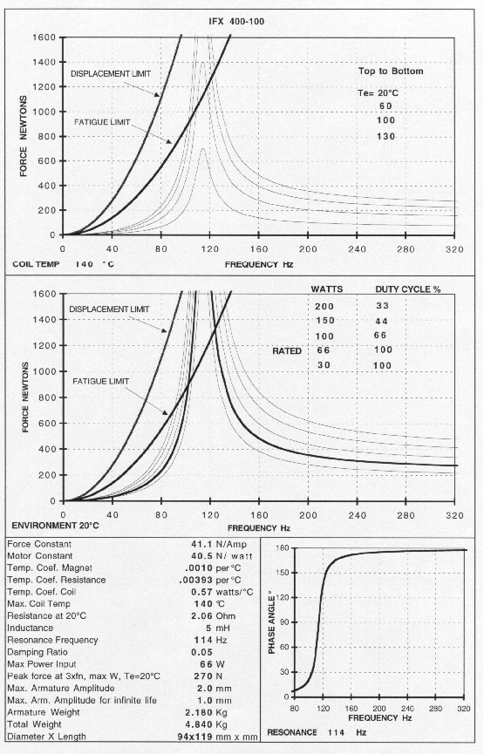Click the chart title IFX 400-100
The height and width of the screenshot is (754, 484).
pyautogui.click(x=236, y=22)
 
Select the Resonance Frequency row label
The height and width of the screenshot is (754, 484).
pyautogui.click(x=52, y=640)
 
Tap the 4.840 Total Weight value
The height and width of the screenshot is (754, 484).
pyautogui.click(x=200, y=724)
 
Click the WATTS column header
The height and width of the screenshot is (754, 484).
pyautogui.click(x=327, y=289)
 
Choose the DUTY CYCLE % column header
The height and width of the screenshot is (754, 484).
pyautogui.click(x=408, y=289)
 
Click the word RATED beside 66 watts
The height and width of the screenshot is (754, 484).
pyautogui.click(x=287, y=351)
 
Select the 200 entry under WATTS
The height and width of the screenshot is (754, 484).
pyautogui.click(x=324, y=307)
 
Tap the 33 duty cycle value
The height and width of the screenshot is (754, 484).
pyautogui.click(x=383, y=306)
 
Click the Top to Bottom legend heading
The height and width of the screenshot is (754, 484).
pyautogui.click(x=391, y=71)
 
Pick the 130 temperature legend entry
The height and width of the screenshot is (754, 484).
pyautogui.click(x=385, y=137)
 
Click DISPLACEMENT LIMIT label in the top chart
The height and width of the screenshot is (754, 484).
pyautogui.click(x=111, y=74)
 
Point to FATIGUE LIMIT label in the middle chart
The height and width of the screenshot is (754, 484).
pyautogui.click(x=101, y=381)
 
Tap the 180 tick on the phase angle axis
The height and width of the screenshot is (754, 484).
pyautogui.click(x=283, y=548)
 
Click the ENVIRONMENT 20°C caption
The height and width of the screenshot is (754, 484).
pyautogui.click(x=55, y=526)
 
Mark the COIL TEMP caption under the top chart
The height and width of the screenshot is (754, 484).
pyautogui.click(x=36, y=264)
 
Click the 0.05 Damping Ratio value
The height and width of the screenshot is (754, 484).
pyautogui.click(x=202, y=653)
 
